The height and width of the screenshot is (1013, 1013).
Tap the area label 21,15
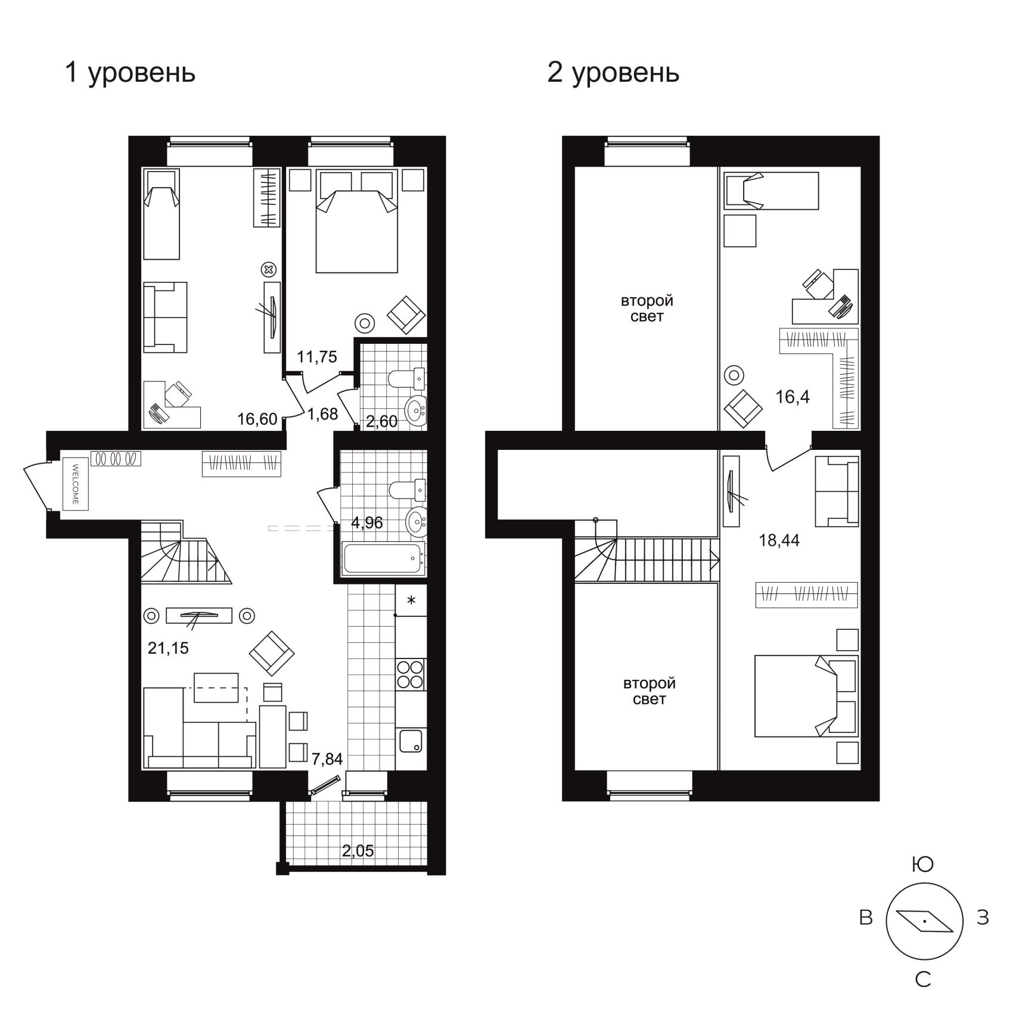click(x=168, y=648)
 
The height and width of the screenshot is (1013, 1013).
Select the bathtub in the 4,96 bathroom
click(x=383, y=558)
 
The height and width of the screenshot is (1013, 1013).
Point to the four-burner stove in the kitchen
click(x=411, y=674)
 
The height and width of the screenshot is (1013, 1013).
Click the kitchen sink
click(x=411, y=741)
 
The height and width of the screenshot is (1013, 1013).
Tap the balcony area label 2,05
click(x=358, y=851)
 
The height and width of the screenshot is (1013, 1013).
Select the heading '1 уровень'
click(x=130, y=74)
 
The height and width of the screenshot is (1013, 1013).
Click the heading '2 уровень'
click(x=613, y=74)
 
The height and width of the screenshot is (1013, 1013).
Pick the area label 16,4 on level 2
click(x=793, y=397)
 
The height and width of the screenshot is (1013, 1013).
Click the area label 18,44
click(x=779, y=540)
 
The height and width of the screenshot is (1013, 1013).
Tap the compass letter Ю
click(x=923, y=864)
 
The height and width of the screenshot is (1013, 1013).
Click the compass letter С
click(x=923, y=980)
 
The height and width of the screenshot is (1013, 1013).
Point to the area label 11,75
click(x=317, y=357)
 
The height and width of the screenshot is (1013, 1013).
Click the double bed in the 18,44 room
click(x=806, y=696)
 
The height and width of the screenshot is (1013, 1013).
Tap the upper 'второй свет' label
click(x=647, y=309)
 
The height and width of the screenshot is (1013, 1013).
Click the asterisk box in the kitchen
click(x=411, y=601)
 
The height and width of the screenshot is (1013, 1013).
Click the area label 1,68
click(x=322, y=414)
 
